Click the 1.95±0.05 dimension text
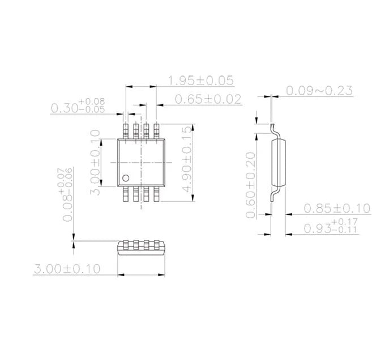[201, 81]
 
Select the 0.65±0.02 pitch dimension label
[208, 99]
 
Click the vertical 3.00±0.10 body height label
[95, 162]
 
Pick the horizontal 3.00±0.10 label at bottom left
[67, 269]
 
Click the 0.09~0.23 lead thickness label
[319, 91]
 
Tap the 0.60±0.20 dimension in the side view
[251, 185]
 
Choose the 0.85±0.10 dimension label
[337, 209]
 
